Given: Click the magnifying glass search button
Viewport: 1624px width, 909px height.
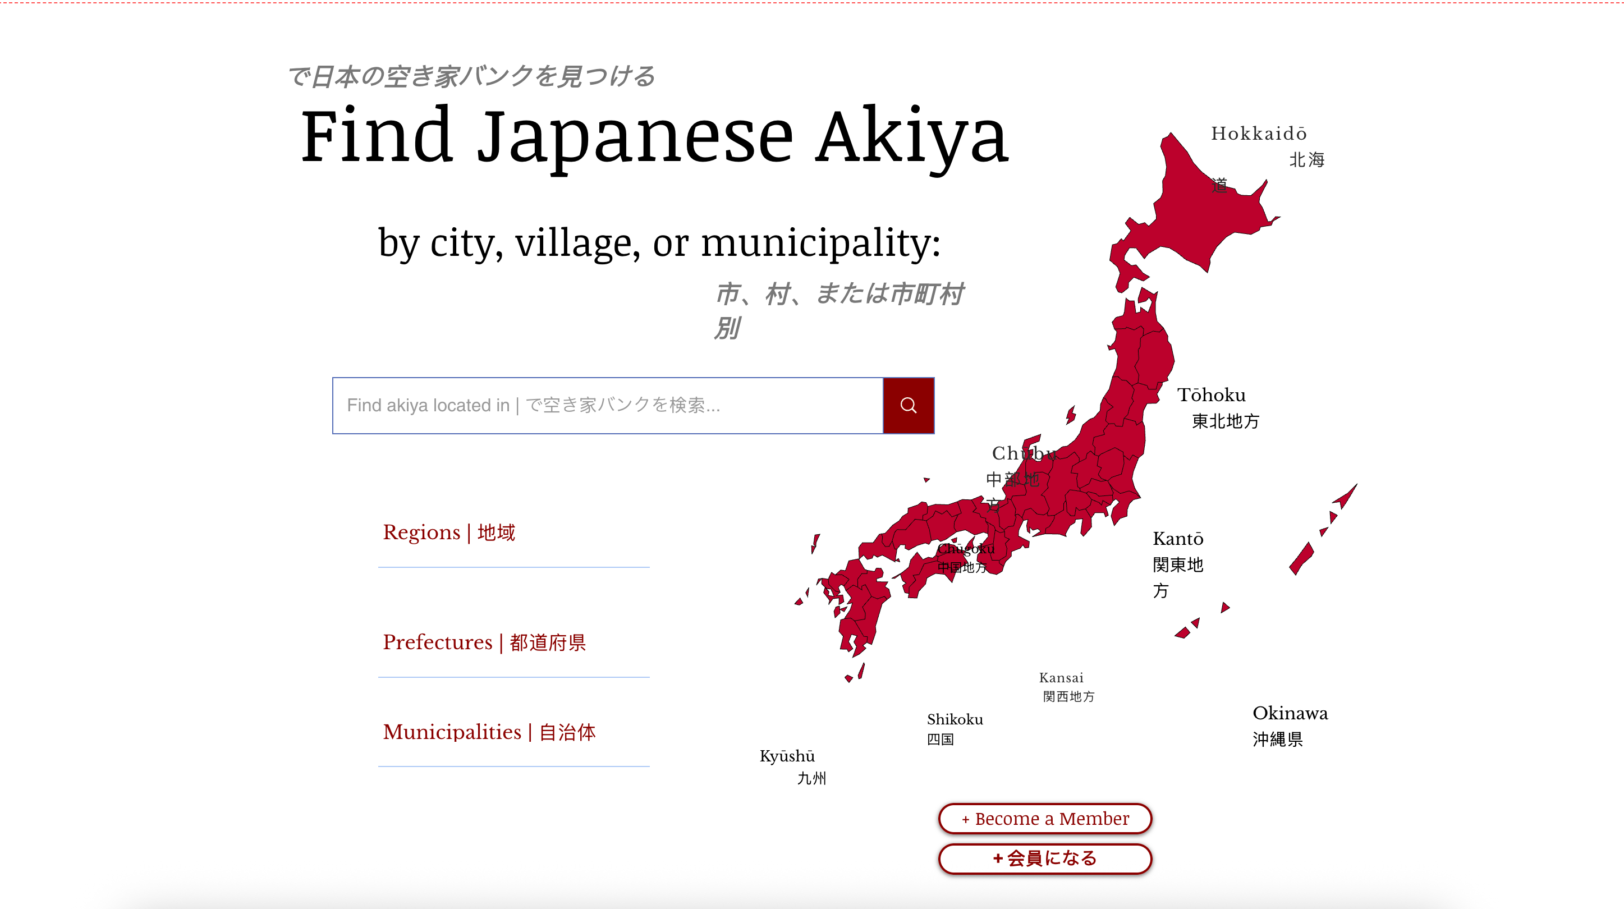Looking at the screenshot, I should tap(908, 405).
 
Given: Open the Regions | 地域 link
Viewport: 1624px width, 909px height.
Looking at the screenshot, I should tap(449, 532).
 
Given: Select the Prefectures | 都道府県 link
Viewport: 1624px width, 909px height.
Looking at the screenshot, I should tap(484, 642).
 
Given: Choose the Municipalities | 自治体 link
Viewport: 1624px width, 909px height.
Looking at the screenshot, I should tap(489, 732).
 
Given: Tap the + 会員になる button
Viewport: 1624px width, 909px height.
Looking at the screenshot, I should tap(1045, 858).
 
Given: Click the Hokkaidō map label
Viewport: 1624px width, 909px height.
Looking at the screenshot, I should tap(1258, 134).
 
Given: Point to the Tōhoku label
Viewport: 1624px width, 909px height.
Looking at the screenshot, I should tap(1211, 395).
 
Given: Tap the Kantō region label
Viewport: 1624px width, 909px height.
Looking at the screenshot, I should tap(1178, 539).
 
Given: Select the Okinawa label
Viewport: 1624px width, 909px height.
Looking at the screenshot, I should tap(1290, 713).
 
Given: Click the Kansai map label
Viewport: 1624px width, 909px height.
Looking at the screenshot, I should tap(1061, 678).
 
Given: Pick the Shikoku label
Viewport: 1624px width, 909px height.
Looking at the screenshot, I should tap(955, 719).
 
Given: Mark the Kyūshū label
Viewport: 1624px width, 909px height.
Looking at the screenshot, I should tap(787, 756).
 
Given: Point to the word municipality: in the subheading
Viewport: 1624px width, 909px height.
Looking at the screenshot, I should tap(821, 243).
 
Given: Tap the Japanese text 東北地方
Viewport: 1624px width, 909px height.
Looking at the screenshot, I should tap(1225, 421).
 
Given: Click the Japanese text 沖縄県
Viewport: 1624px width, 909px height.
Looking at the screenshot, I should tap(1277, 739).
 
